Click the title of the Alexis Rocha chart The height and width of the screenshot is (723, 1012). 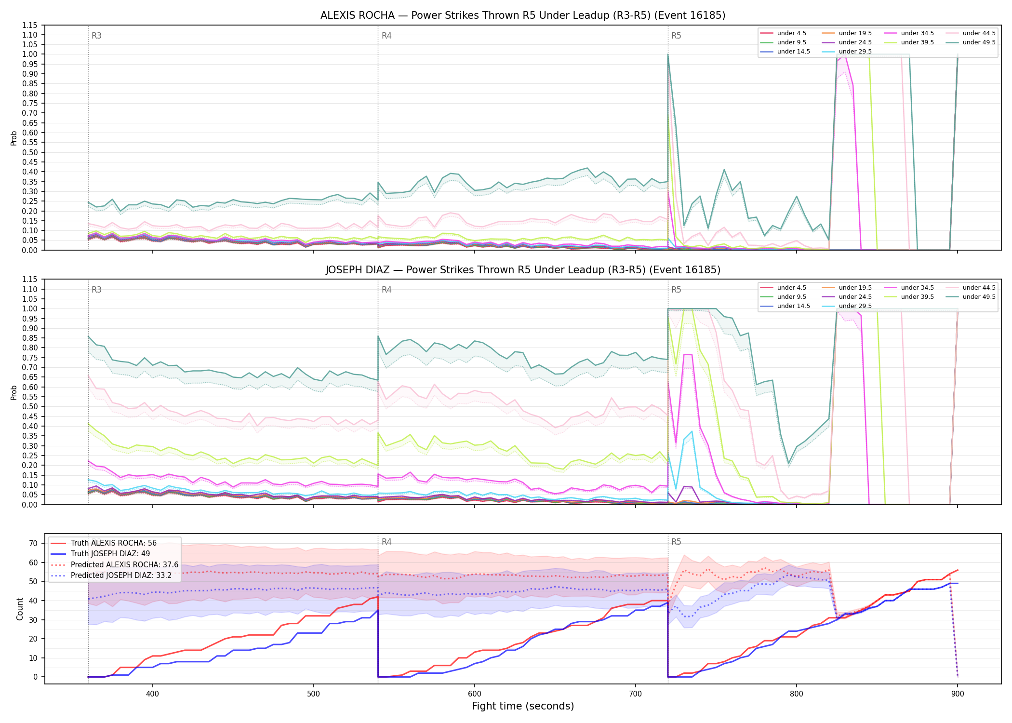pyautogui.click(x=523, y=15)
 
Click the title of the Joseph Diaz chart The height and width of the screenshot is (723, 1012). pyautogui.click(x=523, y=270)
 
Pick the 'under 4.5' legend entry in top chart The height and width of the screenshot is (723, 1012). pyautogui.click(x=783, y=33)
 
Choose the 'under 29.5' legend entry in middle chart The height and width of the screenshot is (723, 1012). pyautogui.click(x=847, y=306)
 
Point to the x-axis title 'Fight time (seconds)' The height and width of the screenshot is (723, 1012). pyautogui.click(x=523, y=706)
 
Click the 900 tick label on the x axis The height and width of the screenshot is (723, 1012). pyautogui.click(x=958, y=694)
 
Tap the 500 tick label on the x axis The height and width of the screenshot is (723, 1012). pyautogui.click(x=314, y=694)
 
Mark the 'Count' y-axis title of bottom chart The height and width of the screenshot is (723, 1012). pyautogui.click(x=20, y=609)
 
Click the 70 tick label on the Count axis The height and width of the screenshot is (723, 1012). pyautogui.click(x=33, y=543)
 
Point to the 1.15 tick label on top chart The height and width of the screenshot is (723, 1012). pyautogui.click(x=30, y=25)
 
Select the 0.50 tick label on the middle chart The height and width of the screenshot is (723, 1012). pyautogui.click(x=30, y=407)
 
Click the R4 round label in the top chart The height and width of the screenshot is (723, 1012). pyautogui.click(x=386, y=36)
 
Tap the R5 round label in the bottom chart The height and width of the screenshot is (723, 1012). pyautogui.click(x=676, y=542)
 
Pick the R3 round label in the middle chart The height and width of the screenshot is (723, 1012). pyautogui.click(x=96, y=290)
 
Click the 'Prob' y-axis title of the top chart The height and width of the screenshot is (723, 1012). pyautogui.click(x=14, y=138)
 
